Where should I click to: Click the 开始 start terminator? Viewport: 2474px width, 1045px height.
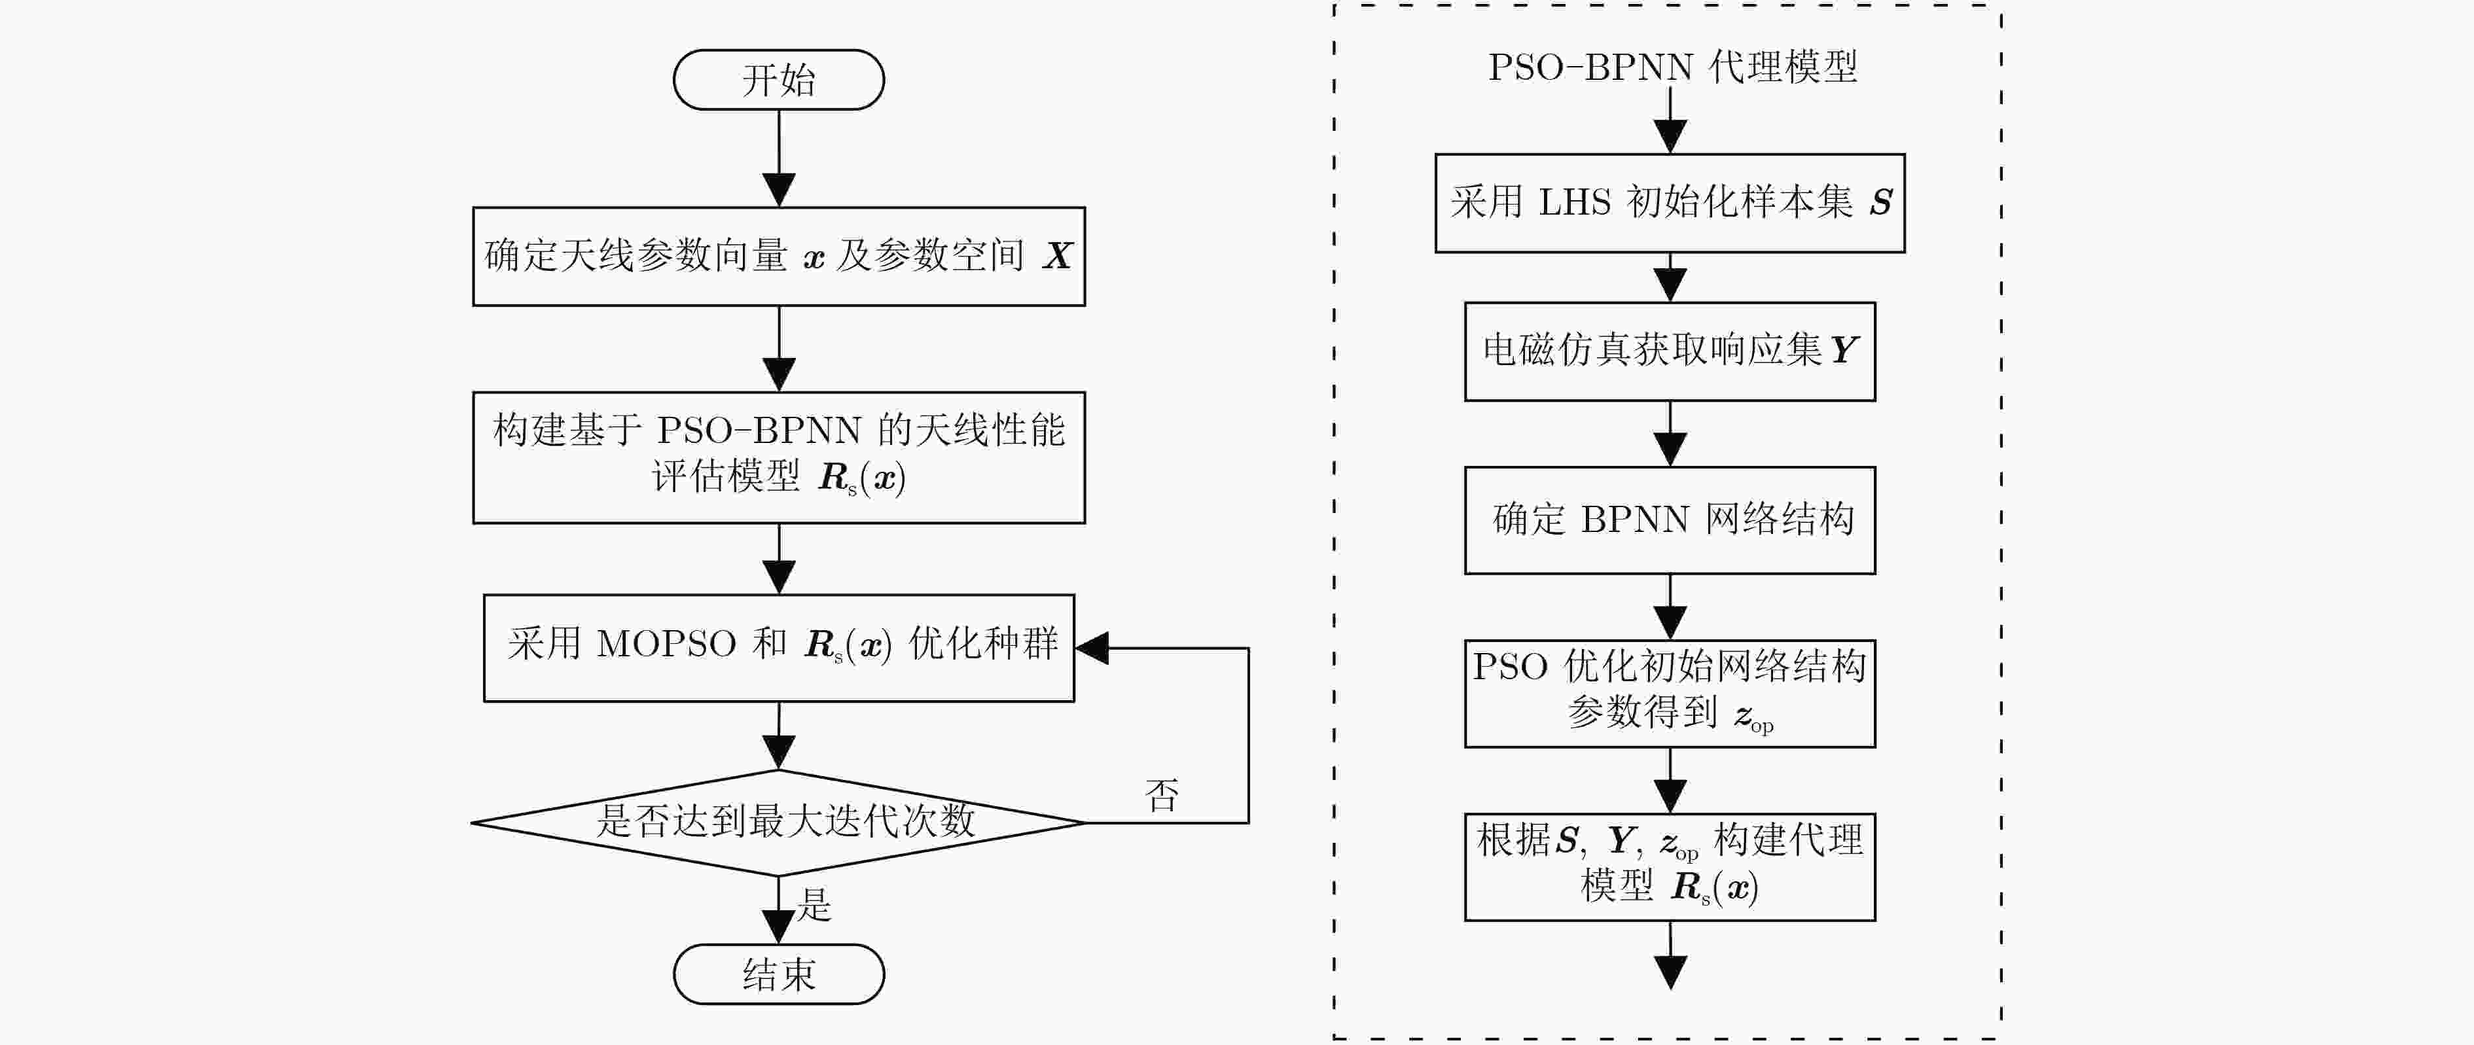pos(778,80)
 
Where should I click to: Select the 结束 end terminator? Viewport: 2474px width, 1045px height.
pos(778,974)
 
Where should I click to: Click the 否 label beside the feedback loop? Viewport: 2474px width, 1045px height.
pos(1161,795)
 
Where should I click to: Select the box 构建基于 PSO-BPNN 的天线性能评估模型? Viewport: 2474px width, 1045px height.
pos(778,457)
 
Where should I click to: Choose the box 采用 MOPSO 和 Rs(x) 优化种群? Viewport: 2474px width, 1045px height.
pos(778,647)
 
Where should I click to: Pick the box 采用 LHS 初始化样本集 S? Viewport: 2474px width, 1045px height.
pos(1669,204)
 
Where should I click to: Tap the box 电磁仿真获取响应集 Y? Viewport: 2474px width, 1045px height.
pos(1669,351)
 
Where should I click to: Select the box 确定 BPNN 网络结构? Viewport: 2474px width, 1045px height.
pos(1669,520)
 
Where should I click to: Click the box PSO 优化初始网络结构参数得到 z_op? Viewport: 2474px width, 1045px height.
pos(1669,692)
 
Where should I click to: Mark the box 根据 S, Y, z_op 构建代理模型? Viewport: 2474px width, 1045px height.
pos(1669,866)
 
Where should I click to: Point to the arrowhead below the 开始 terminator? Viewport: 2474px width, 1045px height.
pos(778,189)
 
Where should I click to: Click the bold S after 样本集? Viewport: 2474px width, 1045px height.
pos(1880,204)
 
